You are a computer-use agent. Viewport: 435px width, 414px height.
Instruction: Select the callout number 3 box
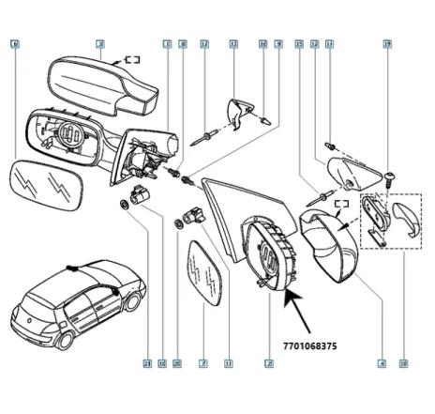(x=100, y=44)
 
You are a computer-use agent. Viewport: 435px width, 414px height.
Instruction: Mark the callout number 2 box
(x=269, y=363)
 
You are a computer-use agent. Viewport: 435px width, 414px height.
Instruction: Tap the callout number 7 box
(x=202, y=363)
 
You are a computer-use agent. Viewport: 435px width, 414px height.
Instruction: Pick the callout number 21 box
(x=146, y=363)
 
